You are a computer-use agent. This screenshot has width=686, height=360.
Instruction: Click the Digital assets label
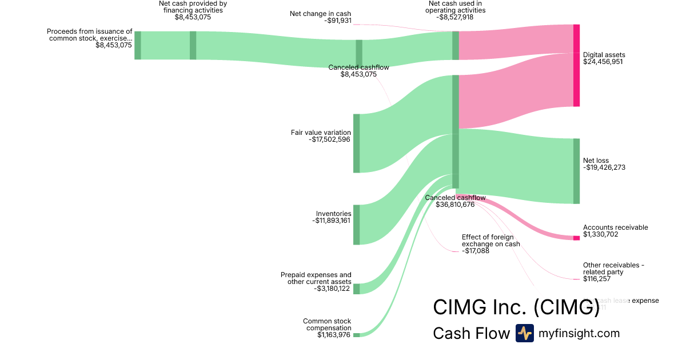(x=603, y=55)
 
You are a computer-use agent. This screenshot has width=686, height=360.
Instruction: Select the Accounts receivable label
(x=615, y=227)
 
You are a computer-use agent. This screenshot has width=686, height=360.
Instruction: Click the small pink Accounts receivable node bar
(x=576, y=238)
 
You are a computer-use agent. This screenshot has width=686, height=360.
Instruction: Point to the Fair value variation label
(x=321, y=133)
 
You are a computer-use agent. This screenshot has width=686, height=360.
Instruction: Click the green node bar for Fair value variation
(x=356, y=143)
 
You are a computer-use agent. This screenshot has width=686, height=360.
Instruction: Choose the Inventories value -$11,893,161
(x=332, y=221)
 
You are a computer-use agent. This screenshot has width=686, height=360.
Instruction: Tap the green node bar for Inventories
(x=356, y=225)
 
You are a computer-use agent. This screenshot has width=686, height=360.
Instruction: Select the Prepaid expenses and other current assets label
(x=316, y=278)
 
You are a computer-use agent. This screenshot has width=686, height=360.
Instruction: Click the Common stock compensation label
(x=327, y=325)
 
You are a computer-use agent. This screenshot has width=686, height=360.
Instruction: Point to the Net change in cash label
(x=321, y=13)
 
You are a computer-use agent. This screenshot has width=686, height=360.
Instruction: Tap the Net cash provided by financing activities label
(x=193, y=7)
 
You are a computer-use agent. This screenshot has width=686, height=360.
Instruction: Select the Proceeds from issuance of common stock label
(x=90, y=35)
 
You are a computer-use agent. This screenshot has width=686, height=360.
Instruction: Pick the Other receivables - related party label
(x=613, y=269)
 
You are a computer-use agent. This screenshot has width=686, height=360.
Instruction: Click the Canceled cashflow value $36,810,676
(x=455, y=205)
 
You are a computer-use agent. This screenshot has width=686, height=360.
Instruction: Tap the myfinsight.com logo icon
(x=524, y=333)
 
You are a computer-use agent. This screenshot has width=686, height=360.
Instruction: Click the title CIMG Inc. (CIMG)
(x=516, y=307)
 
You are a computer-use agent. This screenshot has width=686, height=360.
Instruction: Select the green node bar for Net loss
(x=576, y=171)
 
